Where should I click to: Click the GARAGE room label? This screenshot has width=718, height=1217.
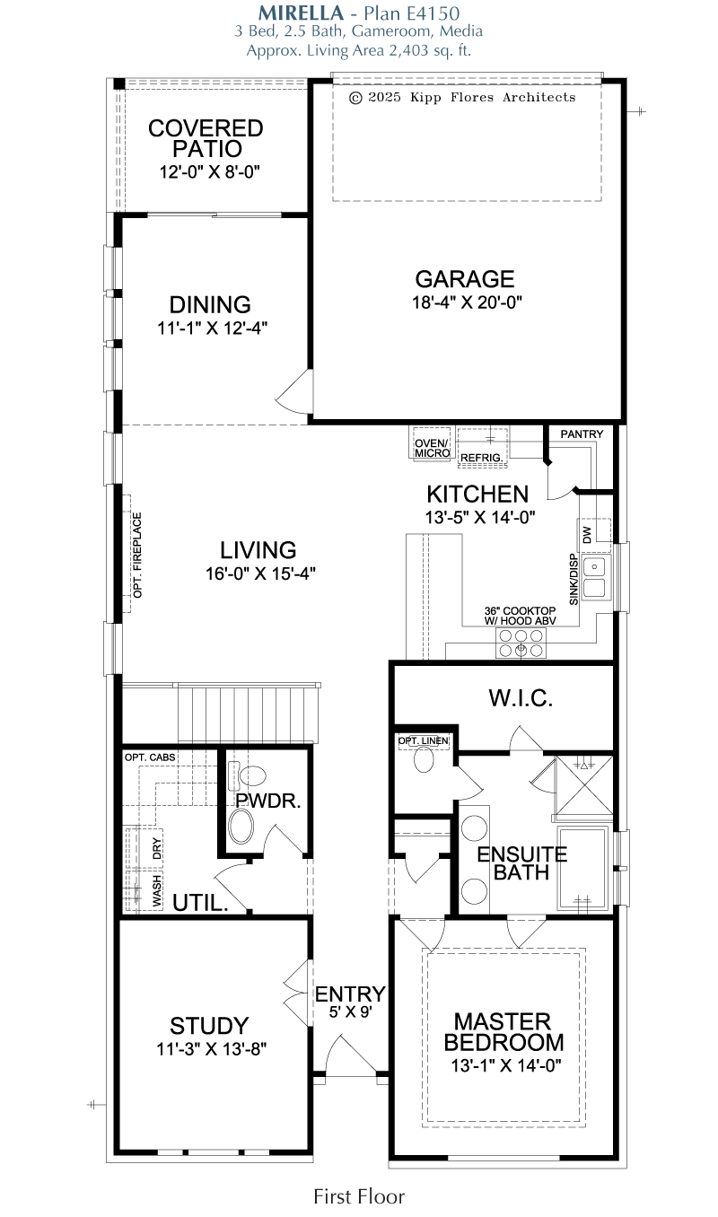465,279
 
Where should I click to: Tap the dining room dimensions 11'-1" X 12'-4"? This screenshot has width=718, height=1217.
213,328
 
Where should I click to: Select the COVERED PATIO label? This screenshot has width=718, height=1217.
206,138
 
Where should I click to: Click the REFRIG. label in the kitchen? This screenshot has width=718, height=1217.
482,458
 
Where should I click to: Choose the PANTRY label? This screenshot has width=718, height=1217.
582,434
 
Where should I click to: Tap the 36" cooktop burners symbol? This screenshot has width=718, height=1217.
521,643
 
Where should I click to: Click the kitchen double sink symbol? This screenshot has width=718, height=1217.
595,577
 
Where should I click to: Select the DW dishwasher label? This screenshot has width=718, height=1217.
587,535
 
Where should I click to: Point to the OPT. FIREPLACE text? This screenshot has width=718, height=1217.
137,555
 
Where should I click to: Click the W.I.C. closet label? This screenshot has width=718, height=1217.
521,698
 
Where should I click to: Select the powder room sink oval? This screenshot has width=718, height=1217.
241,827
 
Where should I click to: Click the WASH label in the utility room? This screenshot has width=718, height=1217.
157,890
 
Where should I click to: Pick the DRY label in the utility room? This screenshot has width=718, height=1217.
157,848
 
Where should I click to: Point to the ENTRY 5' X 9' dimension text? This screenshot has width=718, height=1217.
351,1012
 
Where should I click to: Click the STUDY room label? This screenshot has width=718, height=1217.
209,1026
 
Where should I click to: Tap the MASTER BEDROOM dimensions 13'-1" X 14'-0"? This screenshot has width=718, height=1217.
506,1065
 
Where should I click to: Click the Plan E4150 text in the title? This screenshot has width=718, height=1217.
412,13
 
